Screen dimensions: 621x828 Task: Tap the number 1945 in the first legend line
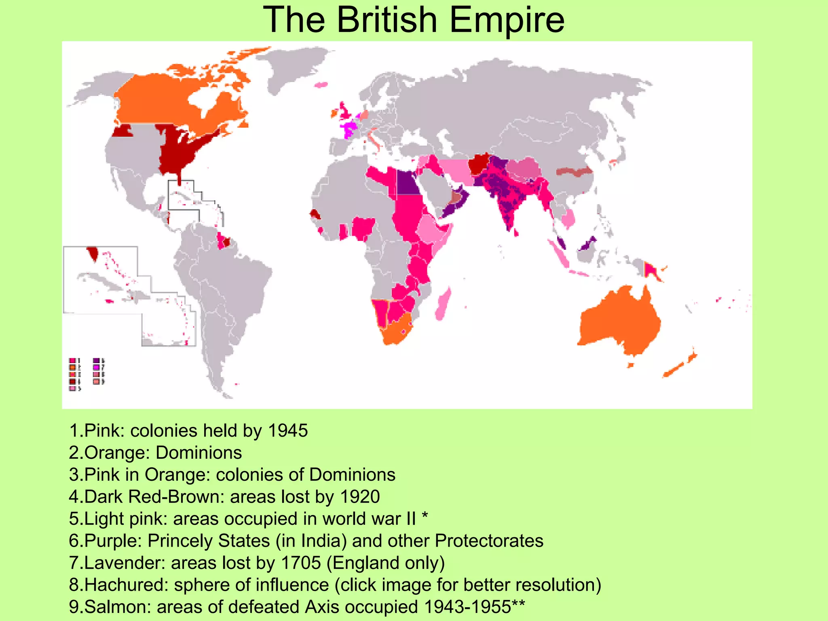[288, 431]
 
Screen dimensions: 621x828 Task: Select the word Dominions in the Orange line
[199, 452]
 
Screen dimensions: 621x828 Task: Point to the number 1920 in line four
[360, 496]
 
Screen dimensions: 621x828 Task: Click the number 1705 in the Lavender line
[300, 563]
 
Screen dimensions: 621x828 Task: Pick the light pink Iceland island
[321, 85]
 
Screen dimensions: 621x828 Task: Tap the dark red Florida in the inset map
[93, 254]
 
